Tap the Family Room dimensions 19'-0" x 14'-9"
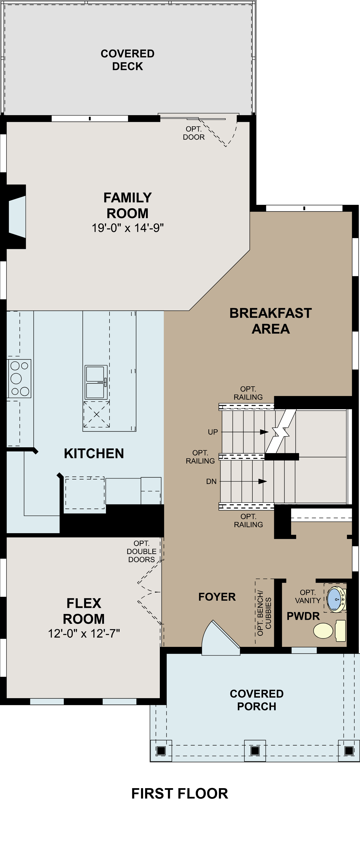pos(128,228)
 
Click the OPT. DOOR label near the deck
pos(193,133)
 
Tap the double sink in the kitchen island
pos(96,382)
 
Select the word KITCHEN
pos(94,453)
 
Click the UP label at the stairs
pos(213,432)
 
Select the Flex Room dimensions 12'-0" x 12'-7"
pos(84,633)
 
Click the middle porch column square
pos(255,750)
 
